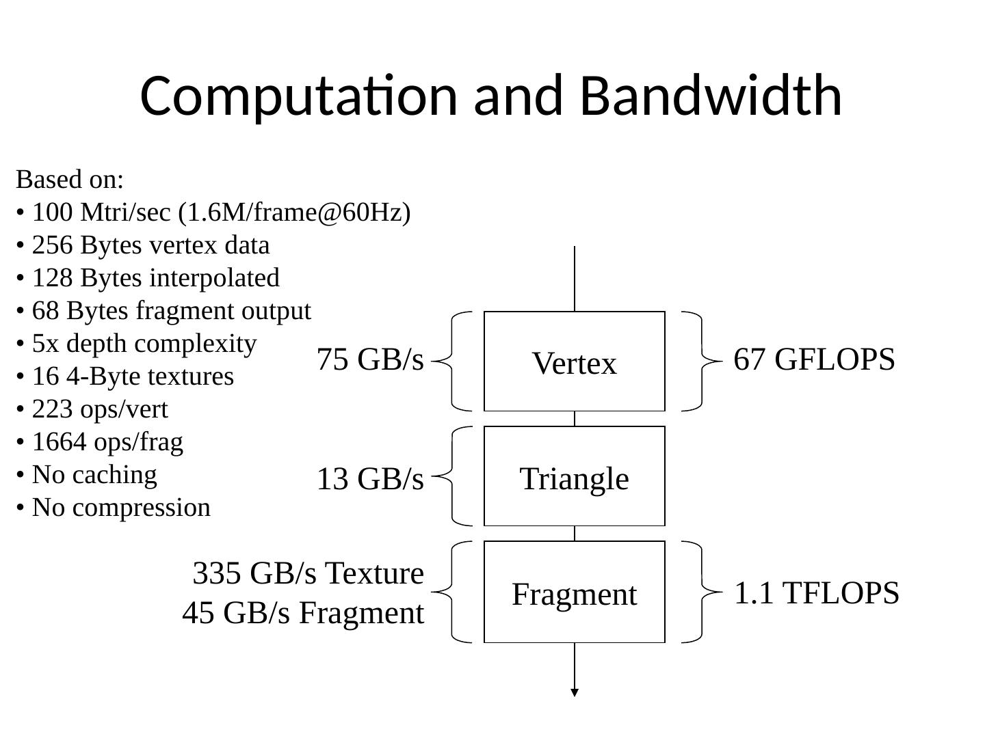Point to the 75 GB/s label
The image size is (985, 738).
pos(370,359)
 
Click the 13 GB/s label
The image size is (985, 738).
pos(370,478)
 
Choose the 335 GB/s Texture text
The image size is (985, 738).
pos(308,573)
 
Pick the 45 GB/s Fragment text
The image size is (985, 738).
pos(303,612)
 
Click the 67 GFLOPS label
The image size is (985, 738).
pos(814,359)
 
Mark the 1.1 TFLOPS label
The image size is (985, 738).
pos(816,592)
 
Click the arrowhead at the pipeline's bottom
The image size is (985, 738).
pos(575,692)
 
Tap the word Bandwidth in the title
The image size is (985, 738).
pos(711,96)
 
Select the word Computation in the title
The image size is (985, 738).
pos(298,98)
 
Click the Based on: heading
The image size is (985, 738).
pos(70,179)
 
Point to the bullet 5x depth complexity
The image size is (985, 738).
pos(144,344)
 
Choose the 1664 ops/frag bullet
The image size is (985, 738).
pos(107,442)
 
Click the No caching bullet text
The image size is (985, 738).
pos(94,474)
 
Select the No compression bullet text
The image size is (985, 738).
pos(121,508)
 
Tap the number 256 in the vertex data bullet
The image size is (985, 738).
pos(52,245)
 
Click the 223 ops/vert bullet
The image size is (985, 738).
pos(100,409)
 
